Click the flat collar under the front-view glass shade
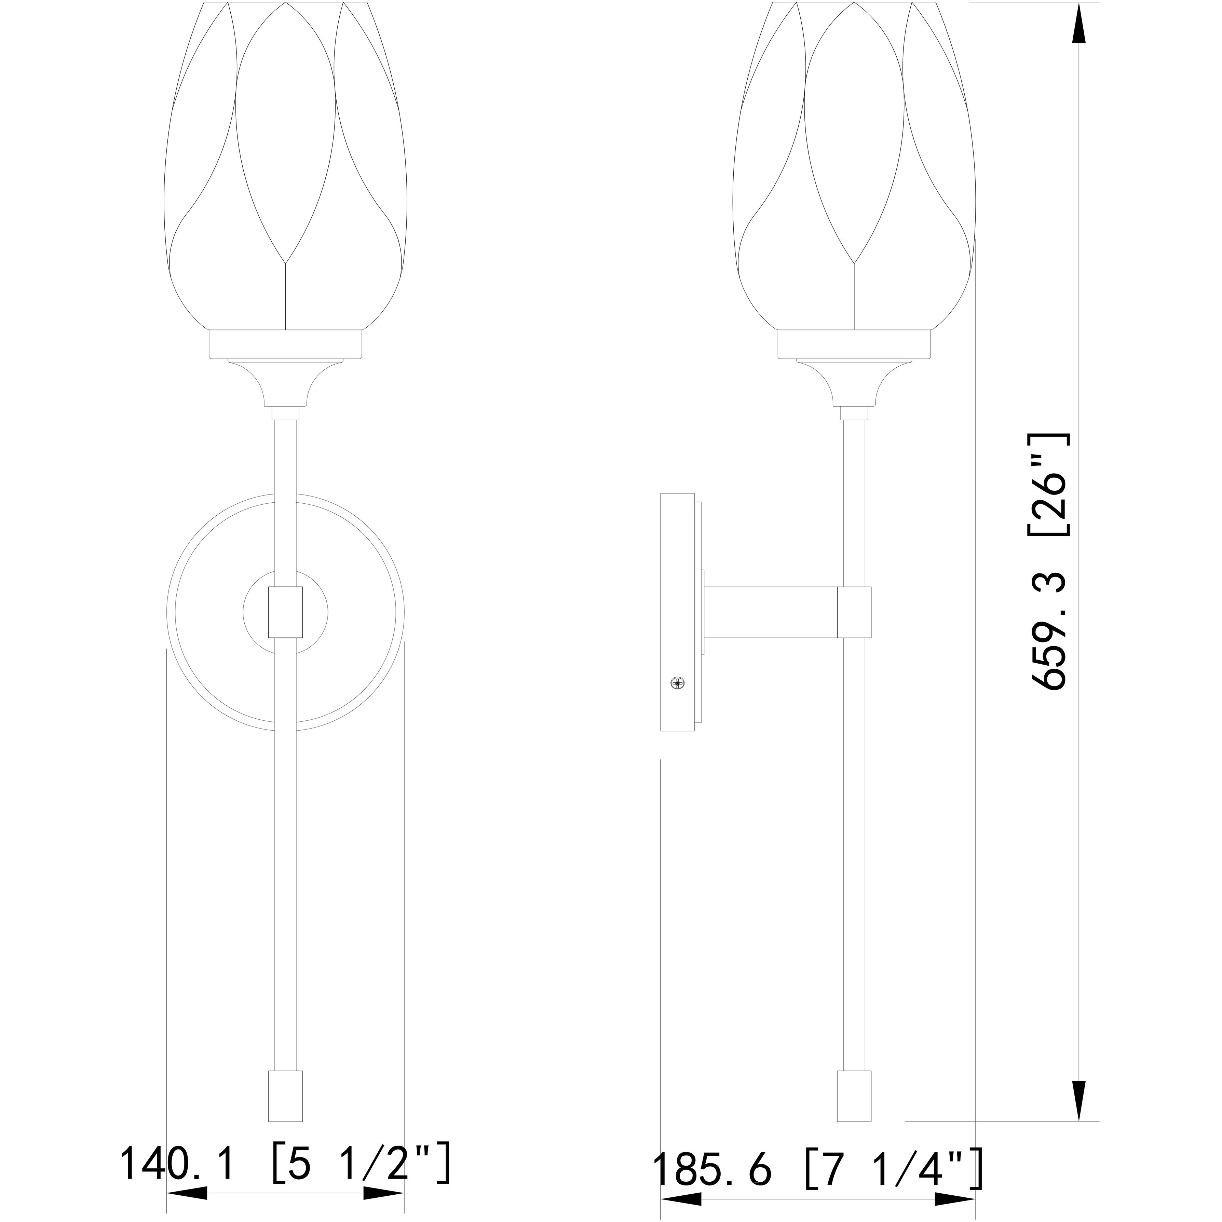pyautogui.click(x=285, y=345)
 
